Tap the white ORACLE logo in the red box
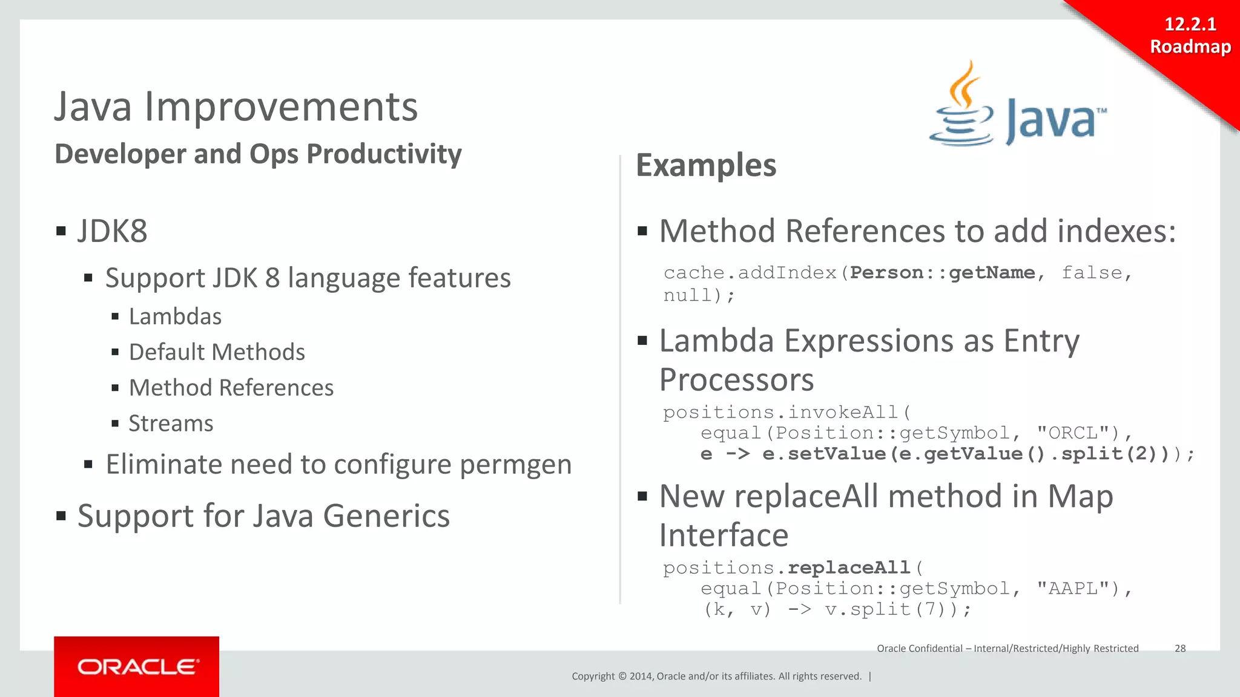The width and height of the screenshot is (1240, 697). [x=137, y=667]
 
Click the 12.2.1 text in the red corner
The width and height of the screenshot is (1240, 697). [x=1190, y=24]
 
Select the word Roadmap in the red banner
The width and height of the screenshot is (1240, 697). [x=1190, y=47]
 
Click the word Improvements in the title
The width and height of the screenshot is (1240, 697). [x=280, y=107]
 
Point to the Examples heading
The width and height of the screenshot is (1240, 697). [x=705, y=165]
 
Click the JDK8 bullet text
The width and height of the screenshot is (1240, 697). [x=112, y=231]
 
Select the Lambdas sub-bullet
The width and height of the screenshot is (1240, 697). [x=175, y=316]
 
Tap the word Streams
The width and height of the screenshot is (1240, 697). [x=171, y=424]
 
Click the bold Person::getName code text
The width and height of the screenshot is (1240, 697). [x=942, y=273]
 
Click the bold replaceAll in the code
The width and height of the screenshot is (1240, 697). [x=849, y=568]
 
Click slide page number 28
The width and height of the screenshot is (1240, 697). [x=1180, y=649]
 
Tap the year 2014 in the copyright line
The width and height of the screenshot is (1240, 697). [x=640, y=676]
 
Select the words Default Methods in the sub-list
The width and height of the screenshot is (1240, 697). [x=217, y=352]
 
